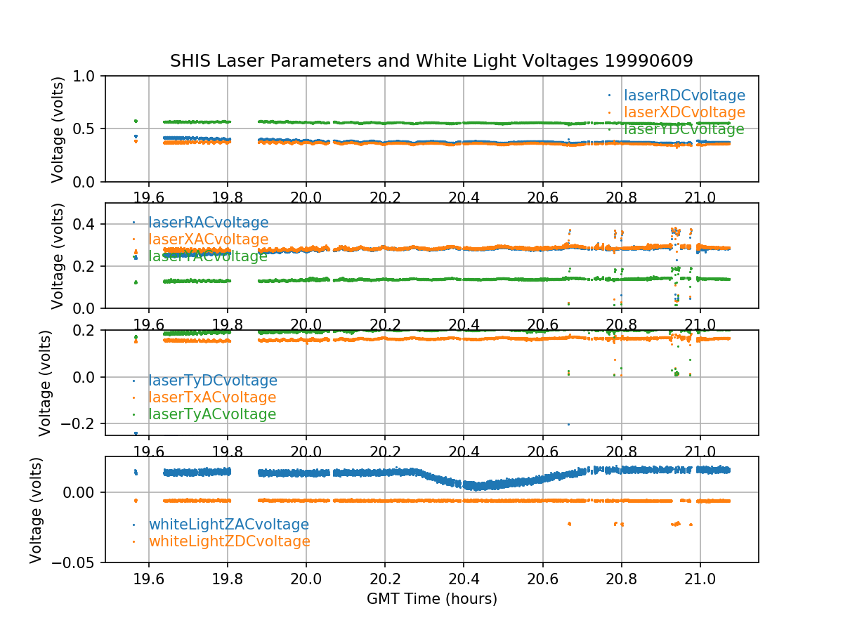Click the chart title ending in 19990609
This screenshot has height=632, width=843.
[431, 61]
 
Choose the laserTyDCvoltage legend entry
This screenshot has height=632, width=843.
[212, 381]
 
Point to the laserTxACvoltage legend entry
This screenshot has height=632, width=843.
[212, 397]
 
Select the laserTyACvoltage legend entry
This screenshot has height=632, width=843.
[212, 414]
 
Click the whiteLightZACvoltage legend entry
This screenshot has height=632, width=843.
[228, 525]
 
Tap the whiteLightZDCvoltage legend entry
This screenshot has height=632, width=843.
[229, 541]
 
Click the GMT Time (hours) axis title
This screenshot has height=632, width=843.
[431, 599]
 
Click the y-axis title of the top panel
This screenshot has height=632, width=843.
[58, 129]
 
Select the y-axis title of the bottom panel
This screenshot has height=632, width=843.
[36, 510]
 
